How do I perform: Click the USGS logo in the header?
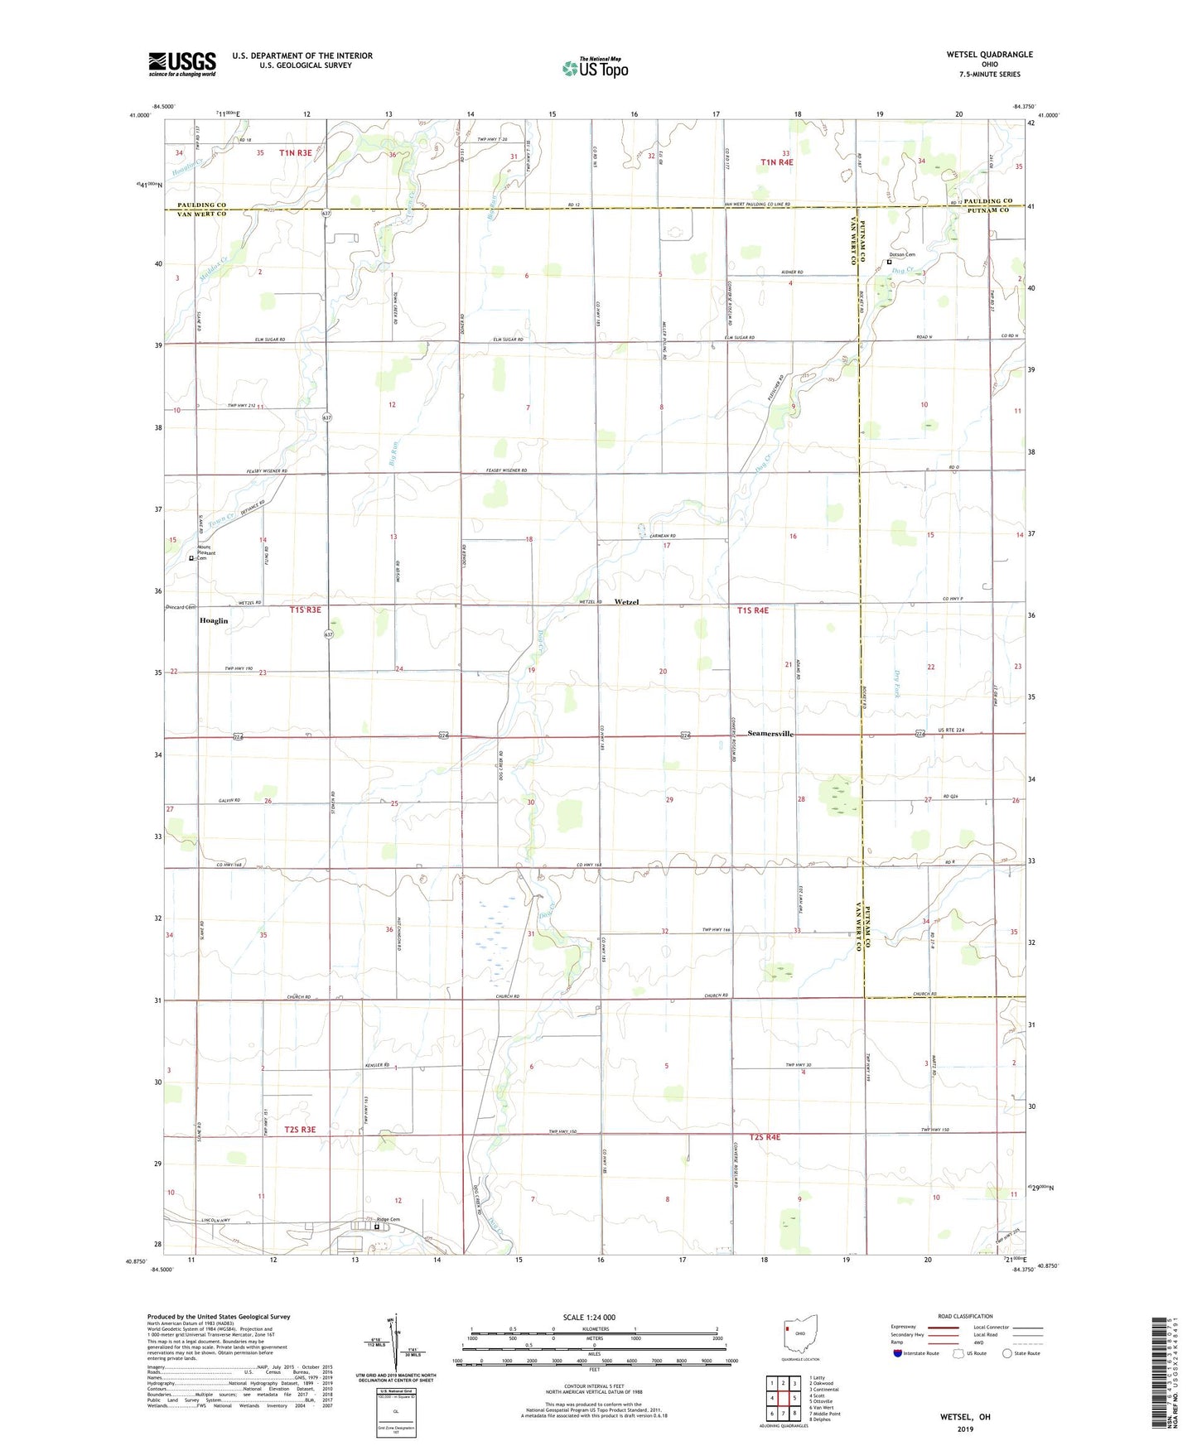[x=182, y=64]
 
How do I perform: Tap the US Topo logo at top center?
[x=595, y=68]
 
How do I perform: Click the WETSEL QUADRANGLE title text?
[x=989, y=55]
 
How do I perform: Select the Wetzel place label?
[x=626, y=602]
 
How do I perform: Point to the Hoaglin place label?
[x=213, y=620]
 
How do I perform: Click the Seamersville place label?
[x=770, y=734]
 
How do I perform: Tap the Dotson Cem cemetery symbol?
[x=890, y=262]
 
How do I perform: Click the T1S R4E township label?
[x=752, y=610]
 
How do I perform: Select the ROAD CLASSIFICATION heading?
[x=964, y=1316]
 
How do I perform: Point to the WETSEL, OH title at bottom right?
[x=964, y=1417]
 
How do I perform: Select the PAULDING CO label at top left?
[x=201, y=205]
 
